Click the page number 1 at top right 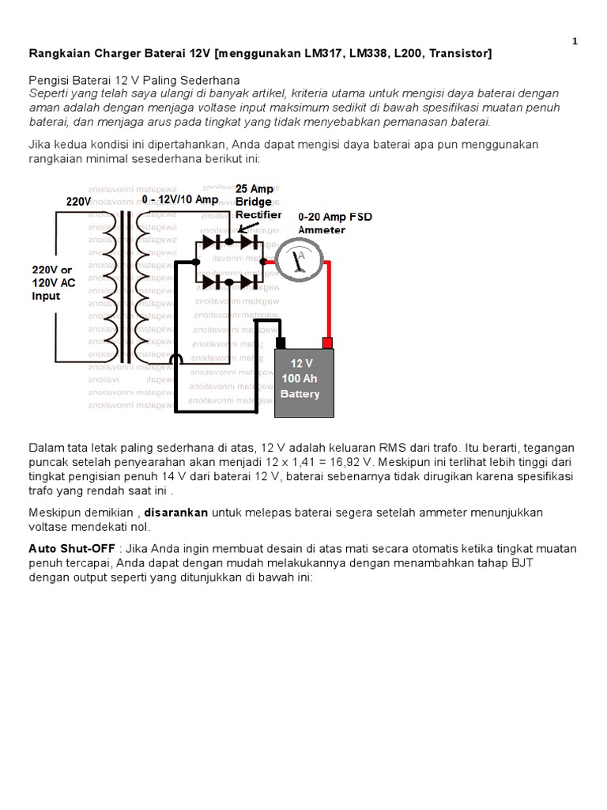pos(575,41)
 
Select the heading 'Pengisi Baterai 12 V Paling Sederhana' pos(134,81)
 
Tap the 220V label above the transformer pos(78,202)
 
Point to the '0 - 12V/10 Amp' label pos(180,200)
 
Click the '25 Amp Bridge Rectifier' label pos(257,202)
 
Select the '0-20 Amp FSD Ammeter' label pos(334,223)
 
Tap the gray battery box pos(303,384)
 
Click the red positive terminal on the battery pos(327,343)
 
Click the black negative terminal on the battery pos(281,343)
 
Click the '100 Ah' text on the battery pos(298,379)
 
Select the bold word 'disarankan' pos(175,513)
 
